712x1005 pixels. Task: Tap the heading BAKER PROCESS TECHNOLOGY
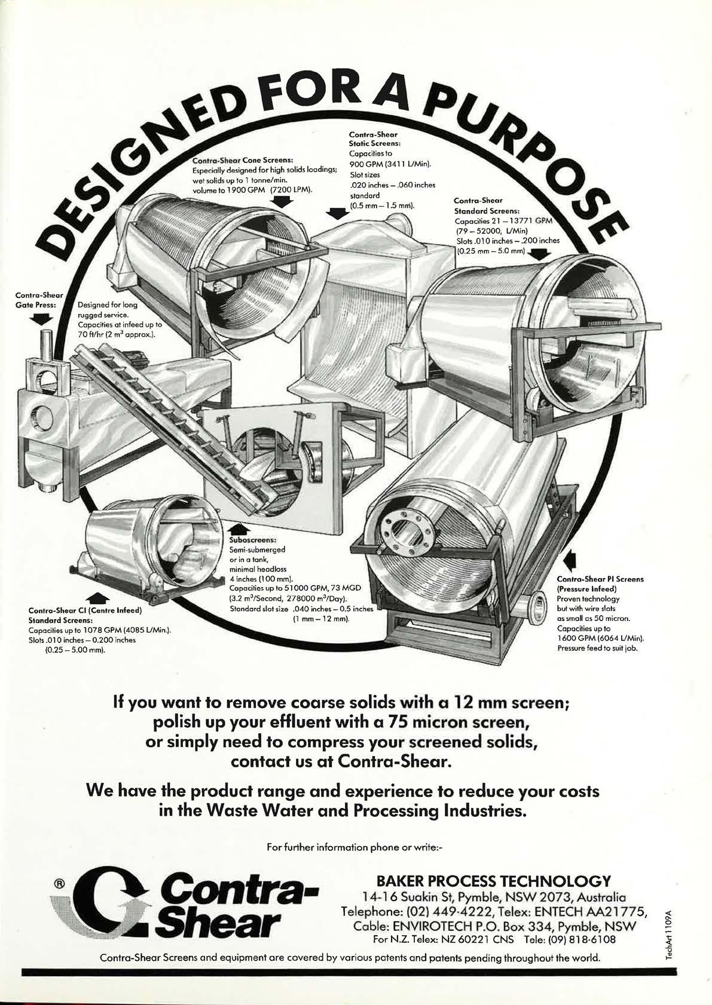pyautogui.click(x=494, y=881)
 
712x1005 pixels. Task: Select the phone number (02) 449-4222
pyautogui.click(x=451, y=911)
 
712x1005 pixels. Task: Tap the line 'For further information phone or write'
pyautogui.click(x=356, y=846)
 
